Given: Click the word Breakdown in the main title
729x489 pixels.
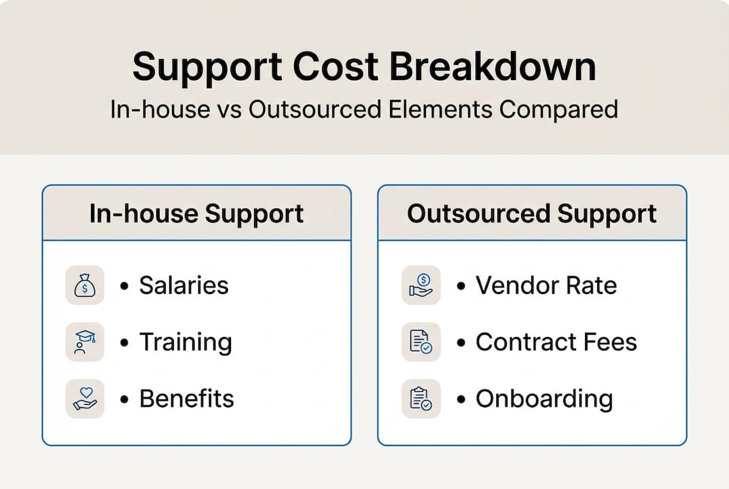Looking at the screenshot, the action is click(493, 67).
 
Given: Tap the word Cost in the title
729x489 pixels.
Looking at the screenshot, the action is click(336, 67).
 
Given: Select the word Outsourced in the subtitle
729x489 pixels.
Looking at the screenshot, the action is click(315, 110).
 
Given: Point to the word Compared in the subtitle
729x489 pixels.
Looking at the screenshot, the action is click(559, 111).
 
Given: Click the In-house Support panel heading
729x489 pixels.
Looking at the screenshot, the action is click(196, 213).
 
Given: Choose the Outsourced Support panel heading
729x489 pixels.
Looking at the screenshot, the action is click(532, 213).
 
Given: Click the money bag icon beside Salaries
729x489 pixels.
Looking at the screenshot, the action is click(85, 285).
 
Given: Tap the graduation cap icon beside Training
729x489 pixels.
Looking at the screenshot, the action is click(85, 342).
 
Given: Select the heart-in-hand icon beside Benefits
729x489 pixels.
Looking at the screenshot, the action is click(85, 399).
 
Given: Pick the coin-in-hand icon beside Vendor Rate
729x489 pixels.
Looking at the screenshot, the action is click(421, 285).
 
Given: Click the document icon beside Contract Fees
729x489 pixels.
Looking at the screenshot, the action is click(421, 342).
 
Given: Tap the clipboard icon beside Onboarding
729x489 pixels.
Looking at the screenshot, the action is click(421, 399).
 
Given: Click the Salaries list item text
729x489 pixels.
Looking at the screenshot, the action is click(183, 285).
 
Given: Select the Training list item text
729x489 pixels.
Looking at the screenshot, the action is click(185, 342).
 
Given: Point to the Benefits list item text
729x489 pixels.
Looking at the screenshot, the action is click(186, 399).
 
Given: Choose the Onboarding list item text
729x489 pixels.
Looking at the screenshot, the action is click(544, 399).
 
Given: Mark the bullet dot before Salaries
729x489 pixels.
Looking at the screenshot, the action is click(124, 285).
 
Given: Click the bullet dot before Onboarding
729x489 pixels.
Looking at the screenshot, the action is click(461, 399).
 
